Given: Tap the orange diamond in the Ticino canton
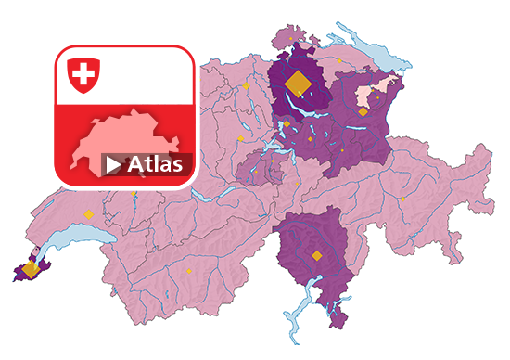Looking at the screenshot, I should pos(316,255).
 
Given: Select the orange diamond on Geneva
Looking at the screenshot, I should pos(31,269).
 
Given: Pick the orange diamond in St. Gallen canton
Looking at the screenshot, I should pos(363,111).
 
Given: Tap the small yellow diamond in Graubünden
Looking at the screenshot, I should pos(403,199).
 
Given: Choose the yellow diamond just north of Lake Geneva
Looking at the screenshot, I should pos(89,214).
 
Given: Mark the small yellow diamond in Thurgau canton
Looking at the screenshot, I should pos(339,62).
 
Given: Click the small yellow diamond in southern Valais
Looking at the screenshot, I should pos(189,271).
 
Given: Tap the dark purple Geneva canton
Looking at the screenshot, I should pos(22,273).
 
